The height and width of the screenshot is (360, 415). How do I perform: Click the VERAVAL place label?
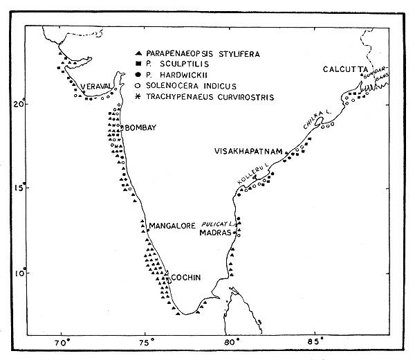click(x=95, y=86)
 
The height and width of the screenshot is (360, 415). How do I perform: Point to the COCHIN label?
click(x=186, y=278)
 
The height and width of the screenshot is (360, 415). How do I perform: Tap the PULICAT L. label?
click(x=216, y=225)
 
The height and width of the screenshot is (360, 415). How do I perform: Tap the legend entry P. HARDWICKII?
click(x=176, y=75)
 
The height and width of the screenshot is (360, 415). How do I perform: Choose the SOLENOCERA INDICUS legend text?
click(x=186, y=86)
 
